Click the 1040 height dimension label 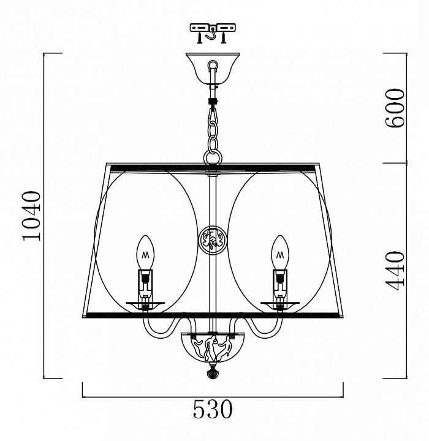tap(32, 216)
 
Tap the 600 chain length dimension tap(395, 108)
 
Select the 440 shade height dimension tap(395, 271)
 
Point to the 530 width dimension tap(213, 410)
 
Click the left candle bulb tap(145, 252)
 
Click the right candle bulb tap(280, 252)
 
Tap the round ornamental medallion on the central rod tap(213, 241)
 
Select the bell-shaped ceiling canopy tap(213, 68)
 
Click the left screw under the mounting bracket tap(199, 38)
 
